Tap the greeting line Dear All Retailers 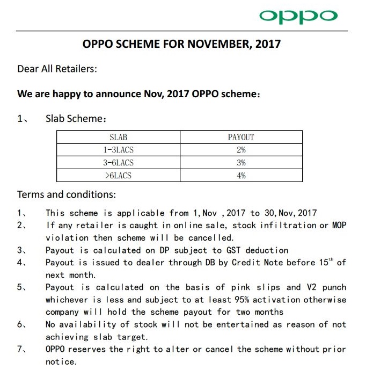point(57,69)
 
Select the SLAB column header point(118,138)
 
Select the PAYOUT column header point(241,138)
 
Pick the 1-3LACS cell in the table point(118,150)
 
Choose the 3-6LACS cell point(118,163)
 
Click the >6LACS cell point(118,176)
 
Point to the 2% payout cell point(241,150)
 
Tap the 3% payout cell point(241,163)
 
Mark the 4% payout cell point(241,176)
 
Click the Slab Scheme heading point(72,119)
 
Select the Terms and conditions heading point(67,194)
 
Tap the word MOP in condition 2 point(338,226)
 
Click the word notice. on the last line point(61,361)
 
